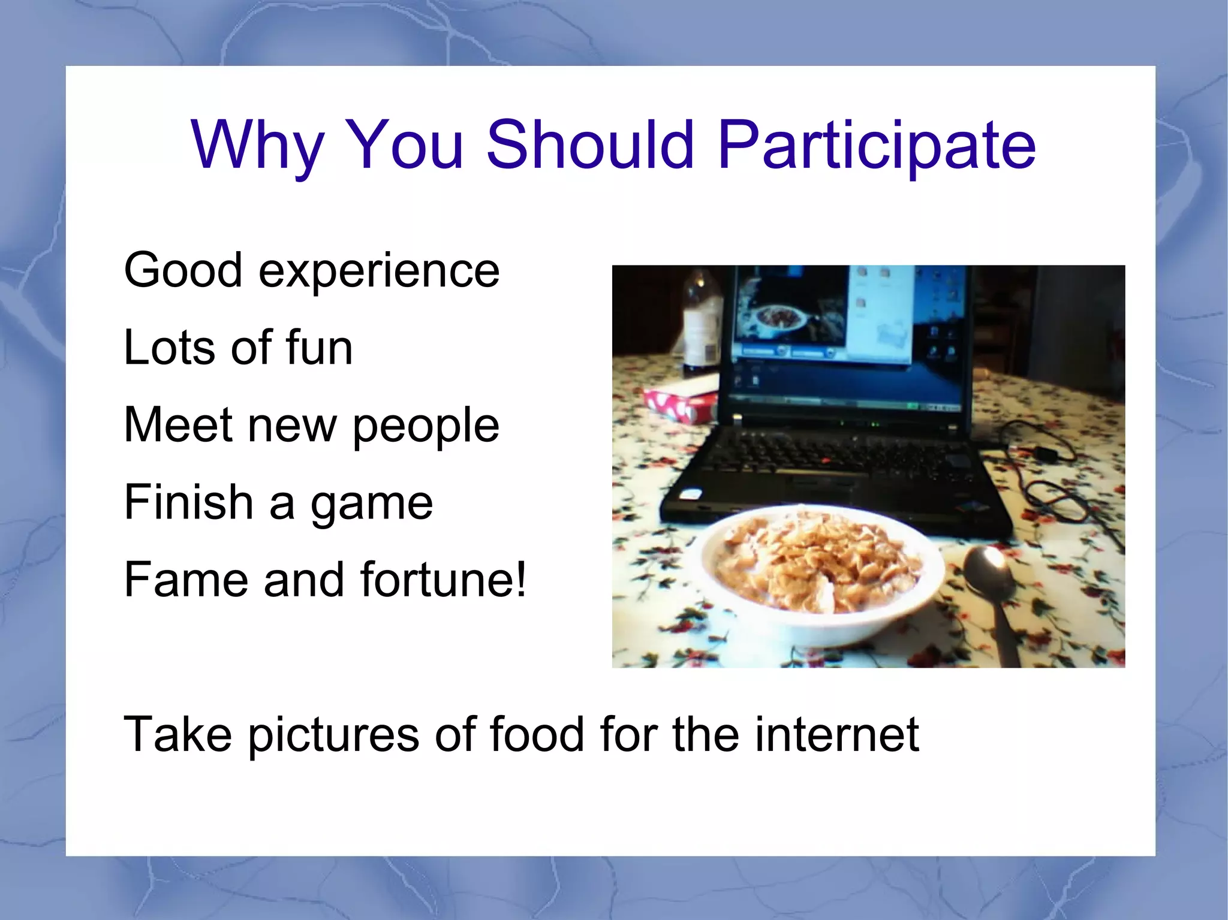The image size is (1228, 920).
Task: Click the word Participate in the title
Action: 877,145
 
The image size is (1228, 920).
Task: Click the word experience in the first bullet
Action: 379,271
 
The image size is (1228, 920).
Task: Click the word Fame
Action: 186,580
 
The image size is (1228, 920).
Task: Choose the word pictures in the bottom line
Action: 333,735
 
